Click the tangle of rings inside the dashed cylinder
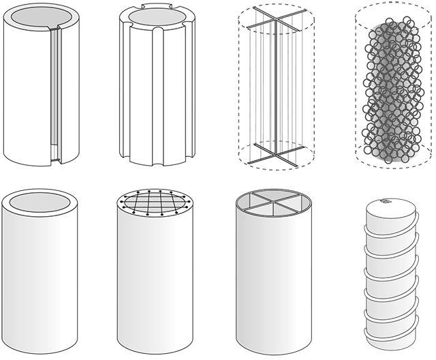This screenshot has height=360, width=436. pos(391,89)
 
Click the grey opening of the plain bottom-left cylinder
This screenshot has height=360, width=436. pos(40,202)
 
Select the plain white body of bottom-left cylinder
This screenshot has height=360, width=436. pos(40,286)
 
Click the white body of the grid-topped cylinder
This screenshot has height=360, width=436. pos(153,286)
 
